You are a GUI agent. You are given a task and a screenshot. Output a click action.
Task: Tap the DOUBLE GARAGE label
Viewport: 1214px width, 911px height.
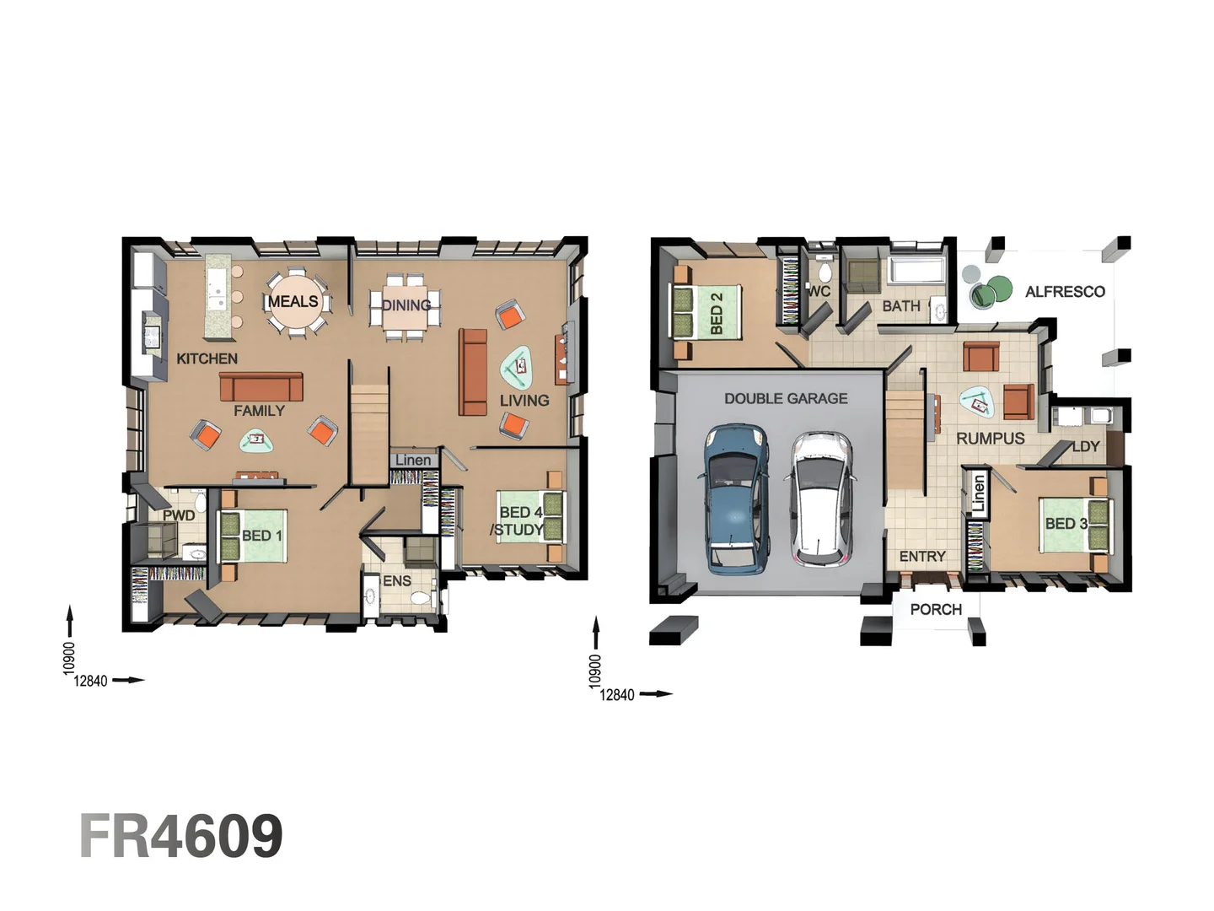coord(786,398)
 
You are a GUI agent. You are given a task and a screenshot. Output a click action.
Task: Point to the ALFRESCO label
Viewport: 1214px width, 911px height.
coord(1065,292)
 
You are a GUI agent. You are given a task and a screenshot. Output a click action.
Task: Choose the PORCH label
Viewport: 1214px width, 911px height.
coord(936,609)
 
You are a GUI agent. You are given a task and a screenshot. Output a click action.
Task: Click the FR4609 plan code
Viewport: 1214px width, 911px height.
coord(181,836)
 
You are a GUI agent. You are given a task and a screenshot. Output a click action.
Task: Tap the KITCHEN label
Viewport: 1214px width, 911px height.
coord(207,358)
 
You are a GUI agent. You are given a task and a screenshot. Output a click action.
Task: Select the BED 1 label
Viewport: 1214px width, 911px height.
coord(261,536)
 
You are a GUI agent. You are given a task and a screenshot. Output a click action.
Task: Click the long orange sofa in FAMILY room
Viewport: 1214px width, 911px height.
coord(261,387)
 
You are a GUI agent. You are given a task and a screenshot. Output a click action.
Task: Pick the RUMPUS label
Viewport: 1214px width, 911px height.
coord(990,439)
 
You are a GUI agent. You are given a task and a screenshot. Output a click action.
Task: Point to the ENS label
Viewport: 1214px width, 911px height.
coord(397,581)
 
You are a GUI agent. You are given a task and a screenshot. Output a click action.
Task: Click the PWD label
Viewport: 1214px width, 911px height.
coord(179,515)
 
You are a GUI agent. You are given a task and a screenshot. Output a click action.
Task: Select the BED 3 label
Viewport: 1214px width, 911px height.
coord(1066,524)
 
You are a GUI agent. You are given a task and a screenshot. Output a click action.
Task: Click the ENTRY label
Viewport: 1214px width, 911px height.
coord(922,557)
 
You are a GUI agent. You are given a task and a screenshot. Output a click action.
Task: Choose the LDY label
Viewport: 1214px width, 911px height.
coord(1086,446)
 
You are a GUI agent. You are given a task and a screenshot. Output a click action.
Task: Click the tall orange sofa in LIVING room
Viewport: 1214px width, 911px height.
coord(473,372)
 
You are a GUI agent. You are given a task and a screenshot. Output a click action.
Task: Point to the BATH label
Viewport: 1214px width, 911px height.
coord(901,306)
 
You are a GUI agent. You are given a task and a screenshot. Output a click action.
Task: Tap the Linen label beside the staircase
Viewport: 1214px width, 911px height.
coord(412,460)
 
